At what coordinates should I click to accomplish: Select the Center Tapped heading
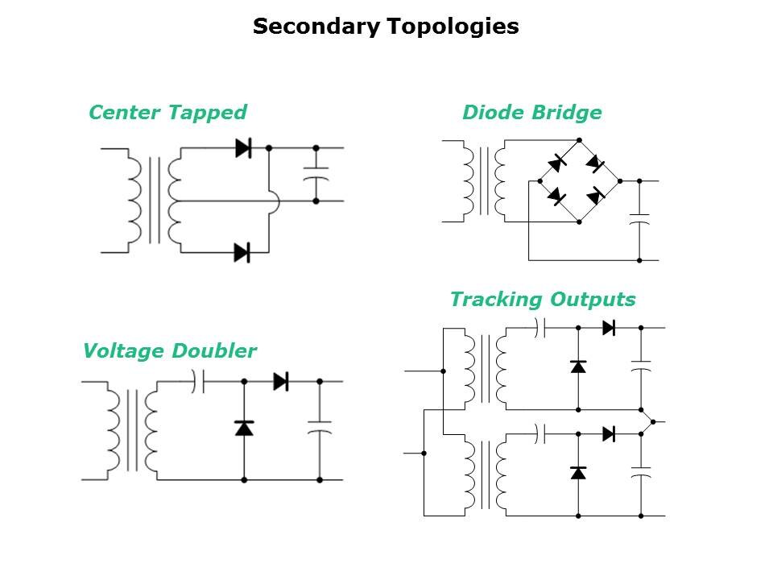167,112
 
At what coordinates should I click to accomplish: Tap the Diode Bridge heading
531,112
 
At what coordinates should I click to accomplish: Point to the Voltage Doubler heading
169,351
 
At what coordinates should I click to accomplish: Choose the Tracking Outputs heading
542,300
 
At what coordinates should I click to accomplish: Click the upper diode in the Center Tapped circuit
242,148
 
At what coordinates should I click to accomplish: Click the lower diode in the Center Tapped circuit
242,252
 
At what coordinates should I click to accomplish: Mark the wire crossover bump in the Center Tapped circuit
274,201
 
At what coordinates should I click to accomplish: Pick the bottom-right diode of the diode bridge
597,196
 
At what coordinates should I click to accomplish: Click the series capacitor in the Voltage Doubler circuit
199,381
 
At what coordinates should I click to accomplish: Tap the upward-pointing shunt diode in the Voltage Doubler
244,428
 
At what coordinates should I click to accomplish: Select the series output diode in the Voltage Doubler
281,381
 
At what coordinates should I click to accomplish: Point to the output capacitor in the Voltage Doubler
320,426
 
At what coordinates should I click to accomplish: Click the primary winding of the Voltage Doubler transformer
113,432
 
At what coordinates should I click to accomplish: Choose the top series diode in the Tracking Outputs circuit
609,328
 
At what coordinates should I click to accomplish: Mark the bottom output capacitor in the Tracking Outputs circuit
641,471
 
